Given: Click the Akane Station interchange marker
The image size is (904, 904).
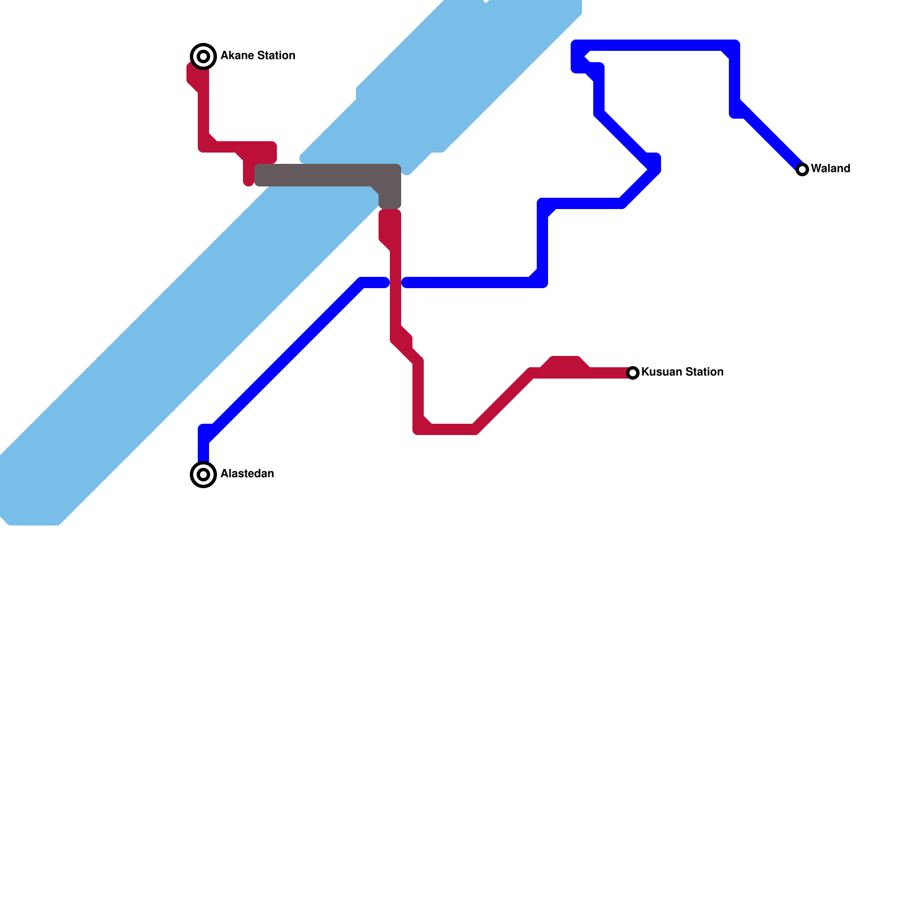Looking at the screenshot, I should pos(203,56).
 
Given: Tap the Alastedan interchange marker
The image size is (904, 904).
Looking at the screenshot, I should pos(203,474).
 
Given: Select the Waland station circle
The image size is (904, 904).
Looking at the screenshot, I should pos(802,169).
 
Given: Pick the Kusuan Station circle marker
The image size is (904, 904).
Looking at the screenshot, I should pos(633,372).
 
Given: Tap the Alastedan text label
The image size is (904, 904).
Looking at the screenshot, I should pos(247,473).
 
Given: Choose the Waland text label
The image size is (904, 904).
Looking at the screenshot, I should pos(830,168).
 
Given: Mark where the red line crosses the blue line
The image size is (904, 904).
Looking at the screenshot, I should pos(395,282).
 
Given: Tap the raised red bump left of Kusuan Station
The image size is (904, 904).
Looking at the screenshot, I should pos(565,363).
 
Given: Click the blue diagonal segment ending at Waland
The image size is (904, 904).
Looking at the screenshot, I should pos(771,138).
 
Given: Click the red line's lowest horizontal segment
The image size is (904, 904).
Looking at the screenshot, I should pos(446,429).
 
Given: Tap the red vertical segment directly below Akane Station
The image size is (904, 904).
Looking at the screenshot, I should pos(203,113).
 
